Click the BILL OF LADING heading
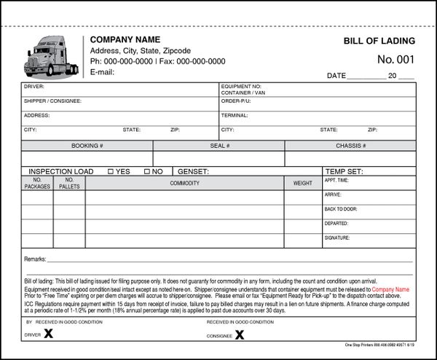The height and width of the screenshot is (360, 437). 379,41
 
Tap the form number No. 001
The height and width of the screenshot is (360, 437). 395,60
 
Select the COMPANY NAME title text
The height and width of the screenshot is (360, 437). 125,39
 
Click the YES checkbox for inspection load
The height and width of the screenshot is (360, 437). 111,171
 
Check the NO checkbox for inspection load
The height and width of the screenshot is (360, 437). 147,171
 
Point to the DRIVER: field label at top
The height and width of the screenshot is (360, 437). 34,87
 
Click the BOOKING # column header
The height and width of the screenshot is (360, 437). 87,146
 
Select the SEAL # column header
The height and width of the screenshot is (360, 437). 219,146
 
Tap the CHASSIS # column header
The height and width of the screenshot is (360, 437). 350,146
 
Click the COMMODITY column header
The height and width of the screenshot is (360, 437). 185,183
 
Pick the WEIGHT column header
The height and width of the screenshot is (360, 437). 302,183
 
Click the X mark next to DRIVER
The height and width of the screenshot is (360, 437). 49,334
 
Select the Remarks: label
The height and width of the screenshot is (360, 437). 35,259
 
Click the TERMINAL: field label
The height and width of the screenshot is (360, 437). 235,115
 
